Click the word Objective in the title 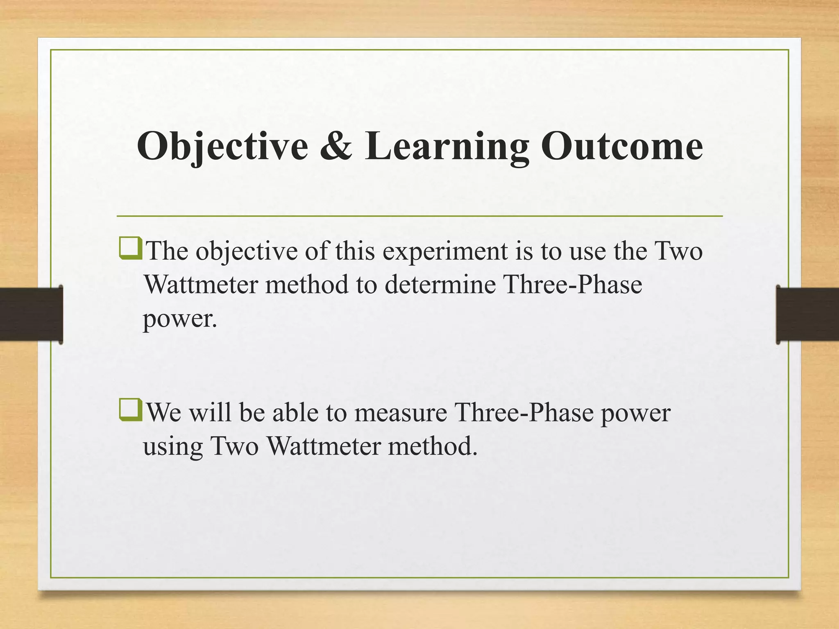(222, 147)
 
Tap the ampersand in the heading (336, 147)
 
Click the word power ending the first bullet (179, 319)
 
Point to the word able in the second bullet (295, 412)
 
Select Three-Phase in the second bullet (524, 412)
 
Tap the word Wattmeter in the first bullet (201, 284)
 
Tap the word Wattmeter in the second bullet (324, 446)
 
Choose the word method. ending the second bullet (433, 446)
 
